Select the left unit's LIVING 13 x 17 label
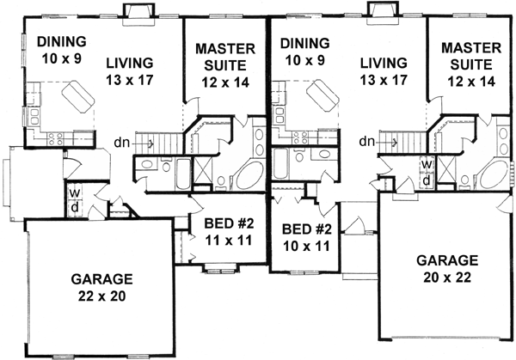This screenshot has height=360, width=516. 130,70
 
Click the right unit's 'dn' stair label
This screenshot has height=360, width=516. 367,141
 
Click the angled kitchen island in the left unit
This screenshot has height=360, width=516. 76,95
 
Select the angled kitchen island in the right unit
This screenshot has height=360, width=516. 320,95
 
